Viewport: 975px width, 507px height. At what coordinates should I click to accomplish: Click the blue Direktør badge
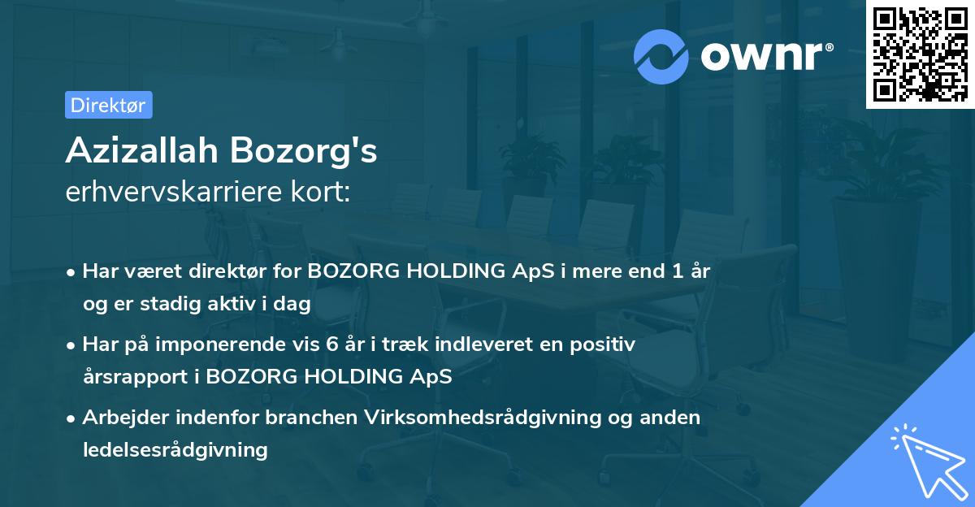(x=108, y=105)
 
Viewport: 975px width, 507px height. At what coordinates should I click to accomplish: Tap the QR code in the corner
(x=919, y=54)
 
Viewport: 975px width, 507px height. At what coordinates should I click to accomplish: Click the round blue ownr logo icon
(x=662, y=56)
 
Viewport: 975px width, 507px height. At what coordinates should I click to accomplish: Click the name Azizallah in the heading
(x=142, y=151)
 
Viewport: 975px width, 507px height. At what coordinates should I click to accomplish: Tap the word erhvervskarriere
(x=167, y=192)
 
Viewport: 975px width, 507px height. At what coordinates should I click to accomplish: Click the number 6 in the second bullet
(x=331, y=344)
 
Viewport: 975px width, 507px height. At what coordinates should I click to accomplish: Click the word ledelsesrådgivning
(x=175, y=449)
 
